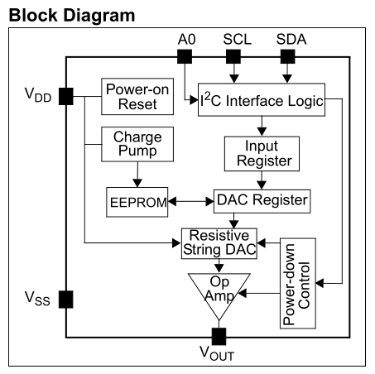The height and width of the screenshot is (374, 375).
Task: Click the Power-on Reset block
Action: coord(137,97)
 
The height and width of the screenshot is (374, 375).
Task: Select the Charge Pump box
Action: coord(137,144)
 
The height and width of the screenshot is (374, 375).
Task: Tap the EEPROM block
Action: coord(137,202)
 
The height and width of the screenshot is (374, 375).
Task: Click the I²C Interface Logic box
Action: coord(262,99)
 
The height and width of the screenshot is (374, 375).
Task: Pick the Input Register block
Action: coord(262,154)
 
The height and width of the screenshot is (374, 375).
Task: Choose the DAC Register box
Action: coord(262,201)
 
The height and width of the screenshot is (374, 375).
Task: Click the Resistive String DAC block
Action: coord(219,243)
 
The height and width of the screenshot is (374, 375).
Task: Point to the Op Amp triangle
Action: coord(219,292)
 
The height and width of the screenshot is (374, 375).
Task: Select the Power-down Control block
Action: coord(298,283)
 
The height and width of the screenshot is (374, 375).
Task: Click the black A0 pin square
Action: coord(185,56)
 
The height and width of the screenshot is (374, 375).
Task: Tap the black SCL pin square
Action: coord(233,56)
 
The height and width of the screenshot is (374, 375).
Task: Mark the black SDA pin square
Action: coord(288,56)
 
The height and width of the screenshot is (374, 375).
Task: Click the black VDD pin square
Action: coord(66,96)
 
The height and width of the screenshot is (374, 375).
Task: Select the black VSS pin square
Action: coord(66,300)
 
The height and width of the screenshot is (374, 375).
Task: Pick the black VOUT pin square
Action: coord(219,337)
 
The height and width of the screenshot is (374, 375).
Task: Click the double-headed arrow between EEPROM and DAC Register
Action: coord(191,202)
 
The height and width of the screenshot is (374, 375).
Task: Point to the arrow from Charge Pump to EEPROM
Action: coord(137,175)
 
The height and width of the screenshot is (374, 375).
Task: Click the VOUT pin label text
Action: coord(217,353)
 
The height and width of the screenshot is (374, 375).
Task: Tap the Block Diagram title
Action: coord(72,16)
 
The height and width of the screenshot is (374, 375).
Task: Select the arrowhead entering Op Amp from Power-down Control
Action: coord(242,293)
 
